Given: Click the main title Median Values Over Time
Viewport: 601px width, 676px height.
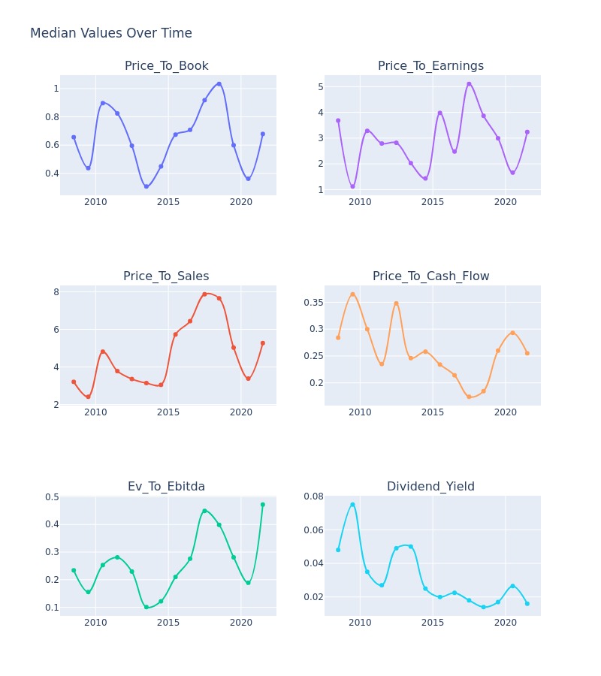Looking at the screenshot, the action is (x=110, y=33).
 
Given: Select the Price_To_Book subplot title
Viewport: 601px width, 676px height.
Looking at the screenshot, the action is (x=167, y=66).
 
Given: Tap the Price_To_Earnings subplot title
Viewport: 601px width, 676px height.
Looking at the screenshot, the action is (x=430, y=66).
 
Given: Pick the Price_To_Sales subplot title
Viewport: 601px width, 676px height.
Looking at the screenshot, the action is (x=166, y=276).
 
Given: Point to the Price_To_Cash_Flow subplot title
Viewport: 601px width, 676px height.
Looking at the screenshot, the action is (x=430, y=276).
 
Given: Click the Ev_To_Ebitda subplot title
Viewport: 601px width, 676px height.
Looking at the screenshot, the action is (x=167, y=487).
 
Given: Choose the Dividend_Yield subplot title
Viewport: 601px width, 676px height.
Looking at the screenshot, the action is (x=430, y=487).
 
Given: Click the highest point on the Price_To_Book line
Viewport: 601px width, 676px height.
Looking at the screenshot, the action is (x=219, y=84).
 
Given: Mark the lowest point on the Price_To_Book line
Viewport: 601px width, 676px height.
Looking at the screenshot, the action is (x=146, y=187).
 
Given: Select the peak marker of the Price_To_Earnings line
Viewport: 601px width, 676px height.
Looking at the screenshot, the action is (x=469, y=84).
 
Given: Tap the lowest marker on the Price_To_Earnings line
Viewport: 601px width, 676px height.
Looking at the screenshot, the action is (x=352, y=187).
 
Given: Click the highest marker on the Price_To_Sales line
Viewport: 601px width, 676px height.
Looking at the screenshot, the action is (x=204, y=294).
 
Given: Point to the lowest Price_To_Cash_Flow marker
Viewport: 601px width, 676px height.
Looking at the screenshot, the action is (x=469, y=397).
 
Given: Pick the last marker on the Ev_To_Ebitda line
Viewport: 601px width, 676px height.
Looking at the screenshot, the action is (x=262, y=505).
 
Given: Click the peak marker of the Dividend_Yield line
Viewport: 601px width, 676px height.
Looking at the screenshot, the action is (x=352, y=505).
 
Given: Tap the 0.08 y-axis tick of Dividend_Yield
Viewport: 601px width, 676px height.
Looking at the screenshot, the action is (x=313, y=496).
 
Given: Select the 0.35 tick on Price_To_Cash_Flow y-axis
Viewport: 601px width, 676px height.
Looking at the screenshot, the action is (x=313, y=303).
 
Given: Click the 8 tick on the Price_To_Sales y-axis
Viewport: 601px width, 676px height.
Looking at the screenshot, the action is (x=56, y=292).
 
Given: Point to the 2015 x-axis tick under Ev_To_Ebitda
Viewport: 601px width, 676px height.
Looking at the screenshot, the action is (x=168, y=623).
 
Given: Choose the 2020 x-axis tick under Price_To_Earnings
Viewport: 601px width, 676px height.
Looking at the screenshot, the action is (x=506, y=202).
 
